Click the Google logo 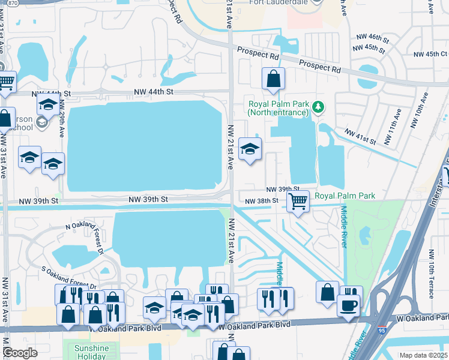(x=20, y=352)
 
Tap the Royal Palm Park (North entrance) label (x=278, y=108)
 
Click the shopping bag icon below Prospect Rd (x=273, y=79)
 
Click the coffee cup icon (x=348, y=305)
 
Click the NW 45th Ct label (x=427, y=54)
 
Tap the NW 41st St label (x=360, y=136)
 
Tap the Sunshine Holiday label (x=91, y=352)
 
